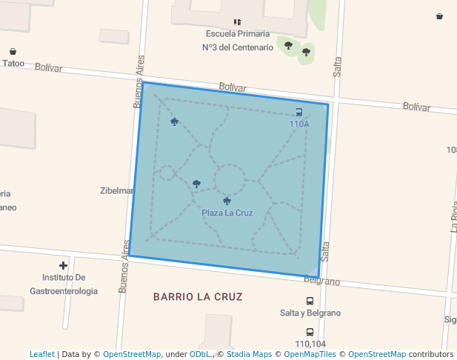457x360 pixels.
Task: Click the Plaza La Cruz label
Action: (227, 213)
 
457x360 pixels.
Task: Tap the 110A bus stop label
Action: (299, 124)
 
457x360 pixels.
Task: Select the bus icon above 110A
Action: (299, 113)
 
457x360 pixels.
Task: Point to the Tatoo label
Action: (13, 63)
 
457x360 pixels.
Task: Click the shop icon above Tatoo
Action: (13, 51)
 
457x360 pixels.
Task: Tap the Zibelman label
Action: (116, 190)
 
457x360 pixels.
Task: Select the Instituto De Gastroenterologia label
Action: (64, 284)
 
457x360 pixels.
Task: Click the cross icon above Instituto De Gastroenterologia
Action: (64, 265)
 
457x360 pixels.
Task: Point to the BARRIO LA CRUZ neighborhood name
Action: (198, 297)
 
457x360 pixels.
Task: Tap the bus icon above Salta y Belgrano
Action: (310, 301)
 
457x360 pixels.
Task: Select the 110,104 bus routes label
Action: (310, 344)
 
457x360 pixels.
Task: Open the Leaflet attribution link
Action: (42, 354)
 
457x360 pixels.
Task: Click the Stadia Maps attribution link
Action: (249, 354)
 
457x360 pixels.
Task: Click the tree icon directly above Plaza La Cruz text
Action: (227, 201)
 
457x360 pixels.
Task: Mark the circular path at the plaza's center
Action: (230, 180)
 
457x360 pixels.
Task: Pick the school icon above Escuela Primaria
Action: (237, 22)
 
